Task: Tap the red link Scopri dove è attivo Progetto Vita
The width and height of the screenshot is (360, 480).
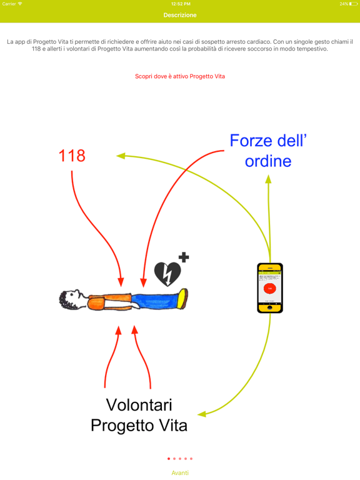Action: click(x=180, y=76)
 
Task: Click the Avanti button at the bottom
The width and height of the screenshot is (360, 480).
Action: click(x=180, y=473)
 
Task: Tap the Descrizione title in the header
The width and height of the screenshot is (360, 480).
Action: click(x=180, y=15)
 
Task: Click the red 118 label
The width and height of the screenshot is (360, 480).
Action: click(x=72, y=156)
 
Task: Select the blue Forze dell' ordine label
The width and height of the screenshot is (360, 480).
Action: click(x=268, y=151)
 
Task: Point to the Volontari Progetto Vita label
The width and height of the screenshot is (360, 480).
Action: click(x=139, y=415)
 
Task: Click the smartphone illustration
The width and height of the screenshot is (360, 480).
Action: click(x=270, y=287)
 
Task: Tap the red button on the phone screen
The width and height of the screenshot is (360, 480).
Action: click(x=270, y=288)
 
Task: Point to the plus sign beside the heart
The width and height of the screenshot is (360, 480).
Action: click(x=183, y=257)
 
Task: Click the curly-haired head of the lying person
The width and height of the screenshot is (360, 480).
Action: click(x=71, y=299)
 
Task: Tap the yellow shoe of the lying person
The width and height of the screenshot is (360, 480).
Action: click(x=182, y=298)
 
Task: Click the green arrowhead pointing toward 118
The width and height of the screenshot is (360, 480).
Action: click(x=121, y=156)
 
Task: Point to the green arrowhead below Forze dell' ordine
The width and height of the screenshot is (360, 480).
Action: click(x=268, y=179)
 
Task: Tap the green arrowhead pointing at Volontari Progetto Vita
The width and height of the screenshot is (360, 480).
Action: click(x=202, y=413)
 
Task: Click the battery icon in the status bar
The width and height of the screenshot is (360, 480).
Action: click(x=354, y=4)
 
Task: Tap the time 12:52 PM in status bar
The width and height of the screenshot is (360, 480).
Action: click(x=180, y=4)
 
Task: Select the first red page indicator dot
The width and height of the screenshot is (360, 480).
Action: click(x=169, y=459)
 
